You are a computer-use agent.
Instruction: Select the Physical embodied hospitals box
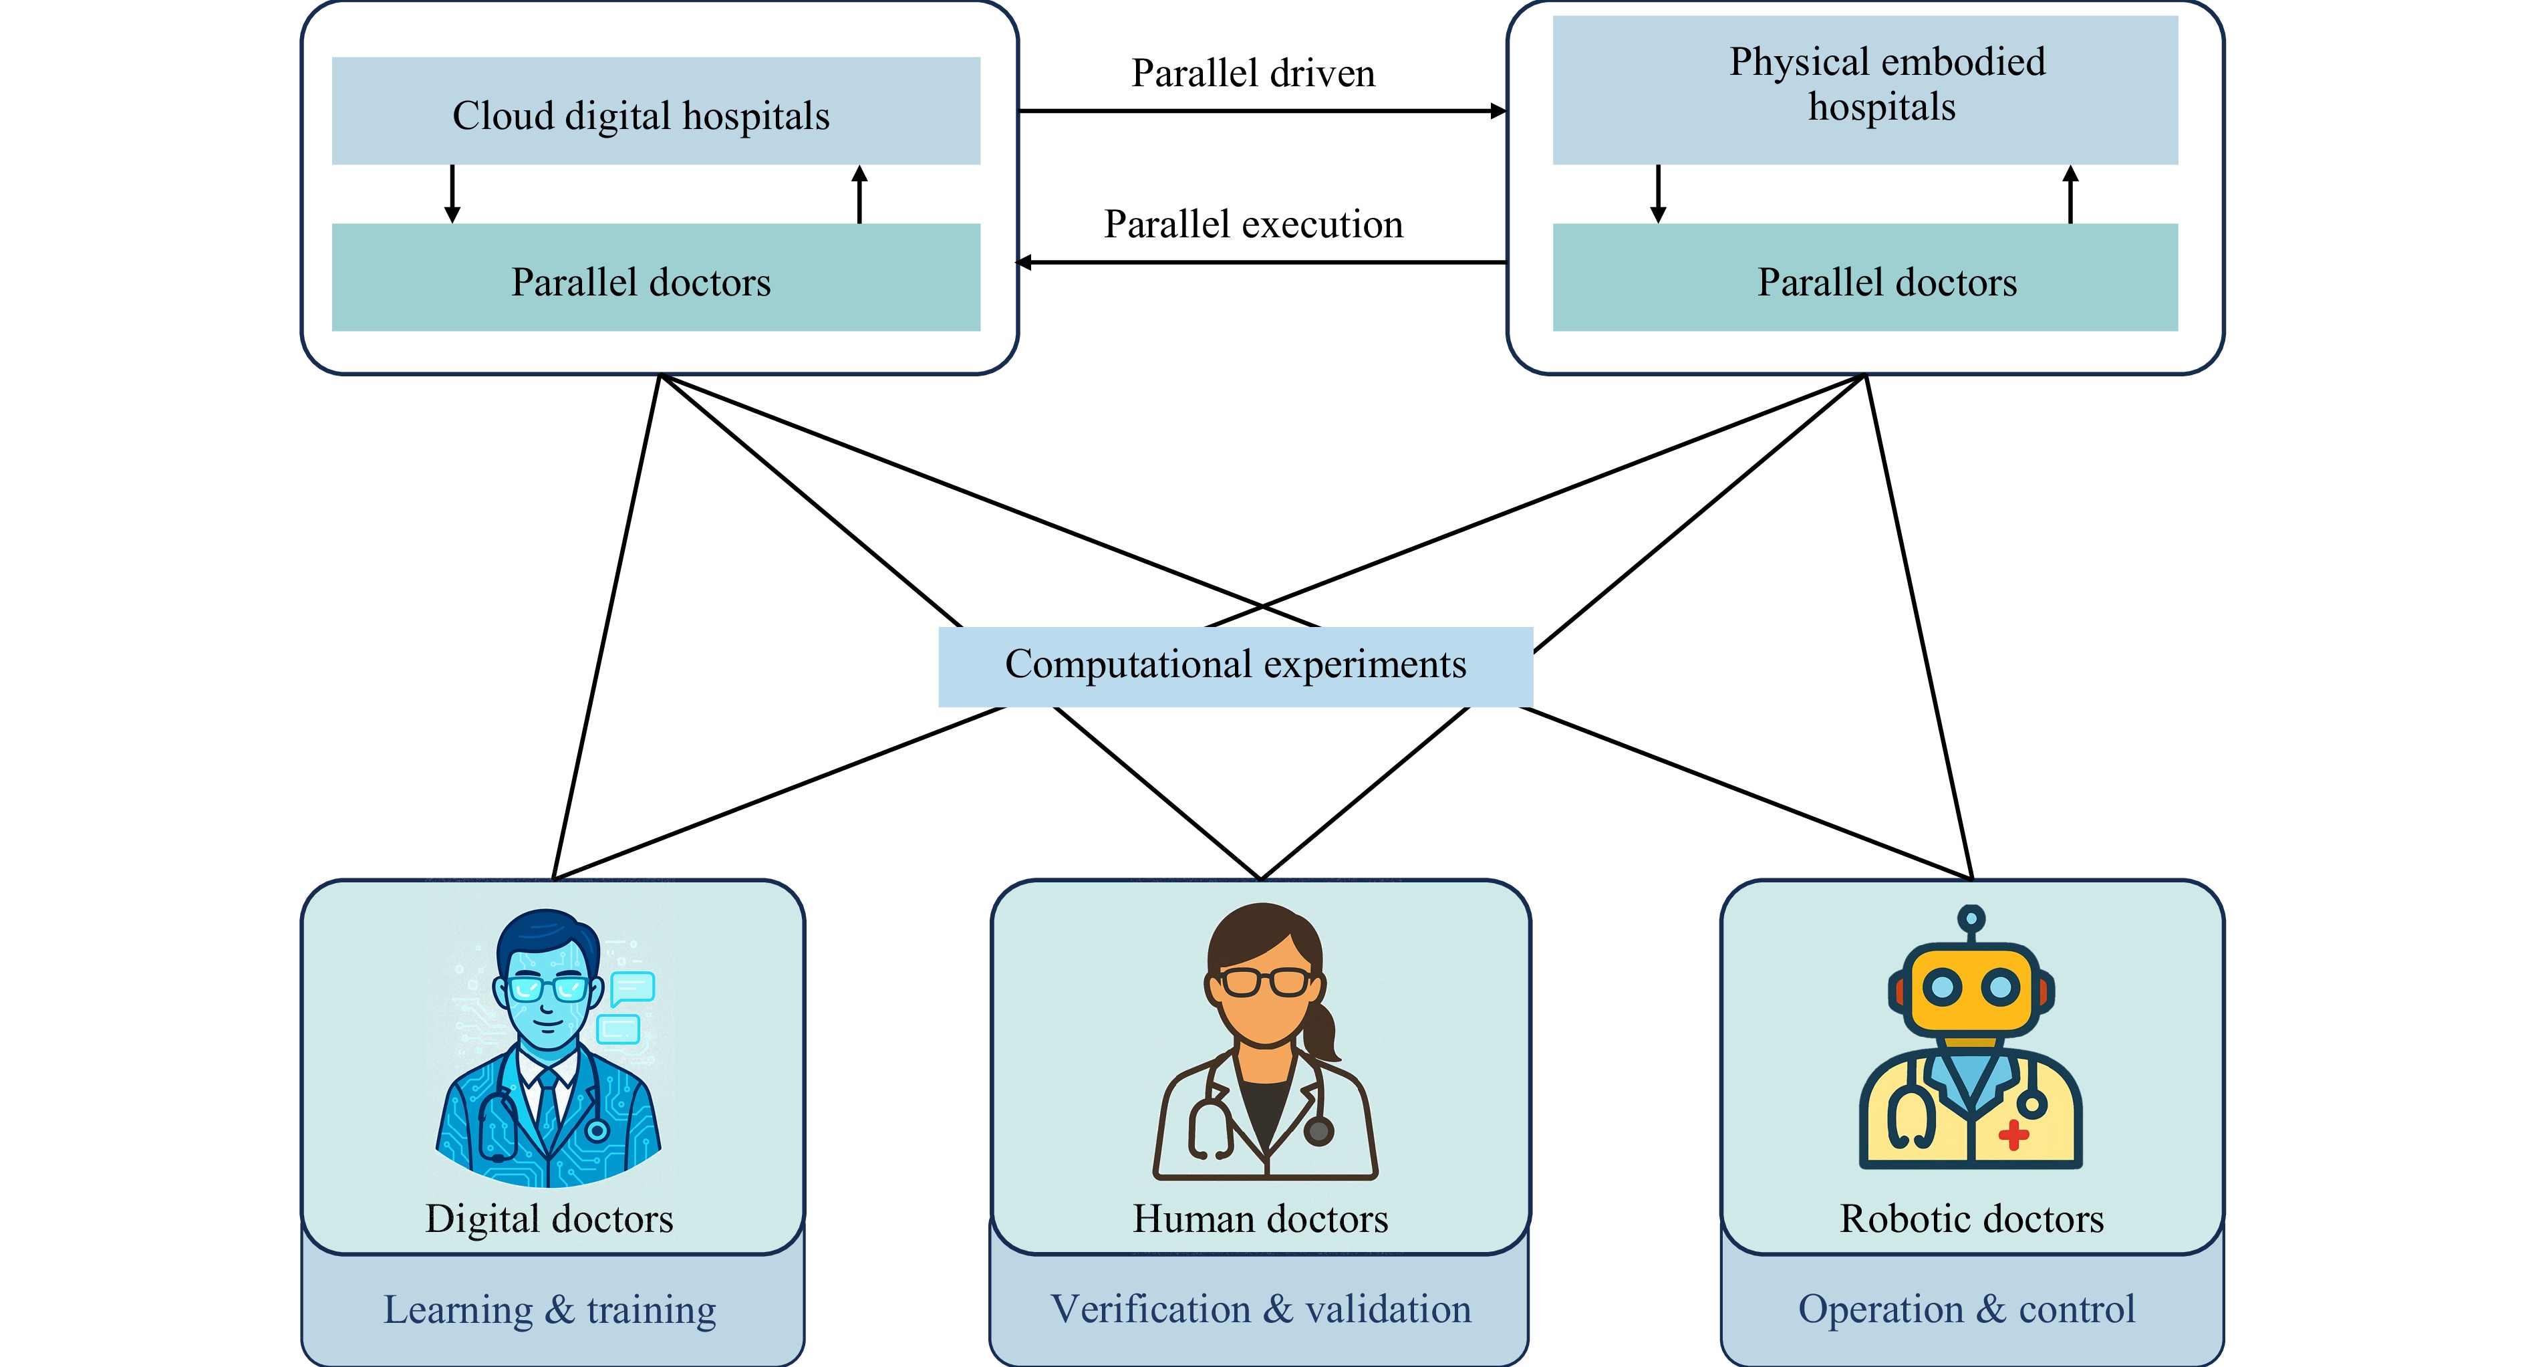(1864, 89)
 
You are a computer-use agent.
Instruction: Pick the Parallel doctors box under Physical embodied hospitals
(1864, 277)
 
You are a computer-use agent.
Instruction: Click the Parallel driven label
(1252, 74)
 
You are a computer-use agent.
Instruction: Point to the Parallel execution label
(1252, 225)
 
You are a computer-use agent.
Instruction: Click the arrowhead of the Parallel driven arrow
(1498, 111)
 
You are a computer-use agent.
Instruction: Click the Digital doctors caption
(549, 1219)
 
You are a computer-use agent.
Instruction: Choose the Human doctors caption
(1260, 1219)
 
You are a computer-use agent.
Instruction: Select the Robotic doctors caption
(1971, 1219)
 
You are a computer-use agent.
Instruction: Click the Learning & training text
(549, 1310)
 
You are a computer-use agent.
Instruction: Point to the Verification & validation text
(1260, 1310)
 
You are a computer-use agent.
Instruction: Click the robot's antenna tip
(1971, 919)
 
